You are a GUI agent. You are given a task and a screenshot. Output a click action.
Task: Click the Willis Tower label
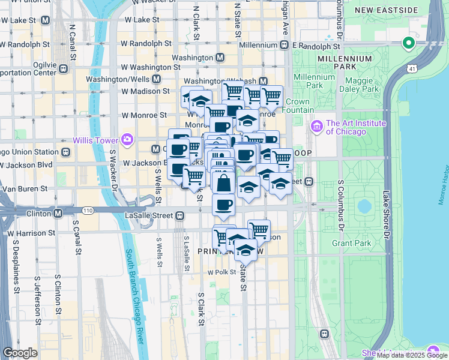pos(95,140)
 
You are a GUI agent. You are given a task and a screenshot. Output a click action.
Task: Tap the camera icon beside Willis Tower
pos(127,140)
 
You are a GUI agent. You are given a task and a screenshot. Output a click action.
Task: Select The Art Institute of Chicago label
pos(354,127)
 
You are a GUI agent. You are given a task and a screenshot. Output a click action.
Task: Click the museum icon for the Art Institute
pos(316,127)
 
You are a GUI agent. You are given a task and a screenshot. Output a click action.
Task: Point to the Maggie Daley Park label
pos(363,85)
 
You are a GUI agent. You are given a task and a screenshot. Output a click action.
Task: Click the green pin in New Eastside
pos(408,43)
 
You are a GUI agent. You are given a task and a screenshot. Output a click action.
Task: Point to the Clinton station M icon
pos(58,213)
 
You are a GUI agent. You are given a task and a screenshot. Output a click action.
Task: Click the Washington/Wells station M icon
pos(156,79)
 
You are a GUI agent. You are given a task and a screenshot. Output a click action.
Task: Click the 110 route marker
pos(88,211)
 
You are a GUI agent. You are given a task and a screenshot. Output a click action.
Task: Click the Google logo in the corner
pos(20,353)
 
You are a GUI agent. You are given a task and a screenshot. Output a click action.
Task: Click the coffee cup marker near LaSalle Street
pos(223,205)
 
